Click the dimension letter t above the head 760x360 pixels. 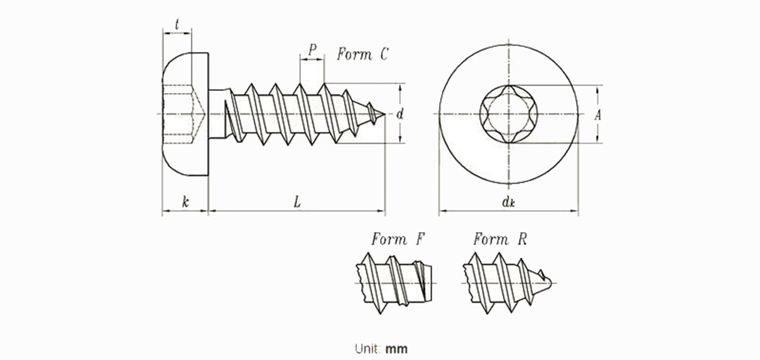[177, 24]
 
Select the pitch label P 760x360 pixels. [312, 49]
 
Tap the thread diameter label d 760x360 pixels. [400, 114]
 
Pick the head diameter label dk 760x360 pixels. [508, 202]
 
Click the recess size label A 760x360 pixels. [597, 115]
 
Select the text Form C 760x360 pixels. [362, 54]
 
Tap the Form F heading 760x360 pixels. [398, 239]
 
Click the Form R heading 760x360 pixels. [500, 239]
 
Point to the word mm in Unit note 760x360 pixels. [396, 349]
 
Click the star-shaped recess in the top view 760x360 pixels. [508, 114]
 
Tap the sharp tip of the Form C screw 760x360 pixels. [385, 114]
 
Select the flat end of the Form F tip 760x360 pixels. [431, 283]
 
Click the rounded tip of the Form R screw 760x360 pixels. [550, 283]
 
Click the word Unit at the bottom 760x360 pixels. [368, 348]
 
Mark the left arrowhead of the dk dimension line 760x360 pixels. [442, 211]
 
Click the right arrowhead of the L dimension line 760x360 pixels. [382, 211]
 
